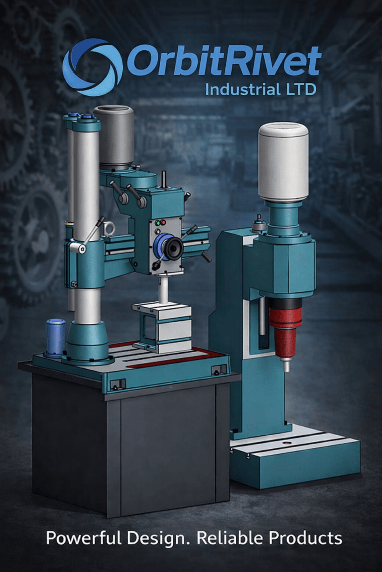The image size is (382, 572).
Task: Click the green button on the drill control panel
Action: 159,223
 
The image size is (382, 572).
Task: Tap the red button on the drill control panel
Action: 163,222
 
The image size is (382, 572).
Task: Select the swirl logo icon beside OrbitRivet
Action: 93,67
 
